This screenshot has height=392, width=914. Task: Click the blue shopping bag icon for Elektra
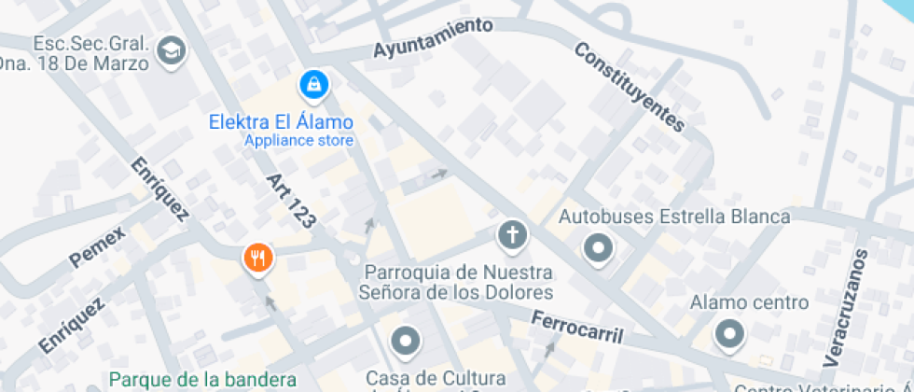314,85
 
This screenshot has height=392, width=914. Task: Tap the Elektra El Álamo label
281,122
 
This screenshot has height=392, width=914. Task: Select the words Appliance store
298,141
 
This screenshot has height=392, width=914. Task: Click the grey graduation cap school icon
172,51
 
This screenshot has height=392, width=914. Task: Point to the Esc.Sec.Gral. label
91,44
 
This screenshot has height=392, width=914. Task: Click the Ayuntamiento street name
433,38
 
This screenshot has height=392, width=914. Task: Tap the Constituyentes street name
629,86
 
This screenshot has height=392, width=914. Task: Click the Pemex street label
97,248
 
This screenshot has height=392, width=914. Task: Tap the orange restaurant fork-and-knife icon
257,257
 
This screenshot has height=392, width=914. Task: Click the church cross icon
511,233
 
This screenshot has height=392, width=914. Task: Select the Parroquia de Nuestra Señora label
457,282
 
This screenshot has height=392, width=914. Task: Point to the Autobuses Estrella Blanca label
674,217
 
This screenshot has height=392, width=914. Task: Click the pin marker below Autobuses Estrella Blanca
598,248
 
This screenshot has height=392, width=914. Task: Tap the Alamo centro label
749,302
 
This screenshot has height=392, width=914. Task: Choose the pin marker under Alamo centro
729,333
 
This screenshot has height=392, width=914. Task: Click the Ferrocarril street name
576,327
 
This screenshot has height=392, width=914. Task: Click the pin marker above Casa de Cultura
405,342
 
